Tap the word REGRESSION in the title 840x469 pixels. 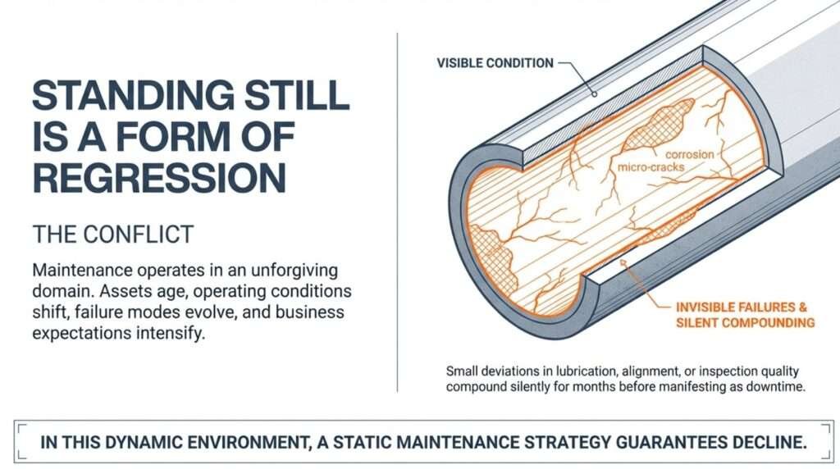point(159,178)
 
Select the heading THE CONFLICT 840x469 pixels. point(112,234)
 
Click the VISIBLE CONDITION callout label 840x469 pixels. point(495,63)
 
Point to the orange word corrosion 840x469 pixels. point(689,153)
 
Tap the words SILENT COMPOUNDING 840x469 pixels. point(745,322)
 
